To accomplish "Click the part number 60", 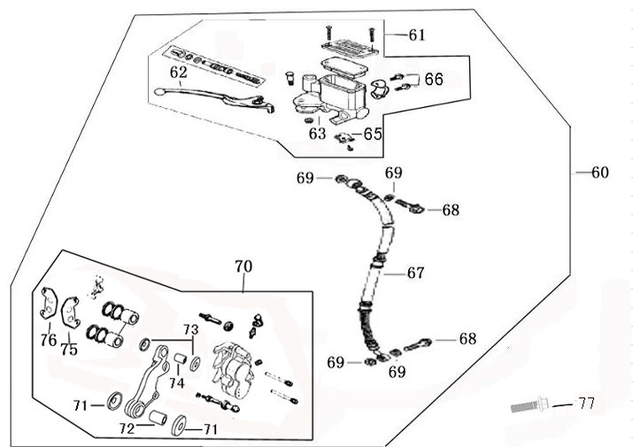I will point(599,173).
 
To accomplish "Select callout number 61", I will point(416,35).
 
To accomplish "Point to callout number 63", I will point(317,134).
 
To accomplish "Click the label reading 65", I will point(373,135).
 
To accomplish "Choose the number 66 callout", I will point(433,79).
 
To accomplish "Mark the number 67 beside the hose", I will point(416,274).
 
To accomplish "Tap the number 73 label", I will point(188,329).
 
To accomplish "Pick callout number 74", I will point(177,383).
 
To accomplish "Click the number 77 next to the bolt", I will point(585,405).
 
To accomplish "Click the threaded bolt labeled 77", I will point(530,408).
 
